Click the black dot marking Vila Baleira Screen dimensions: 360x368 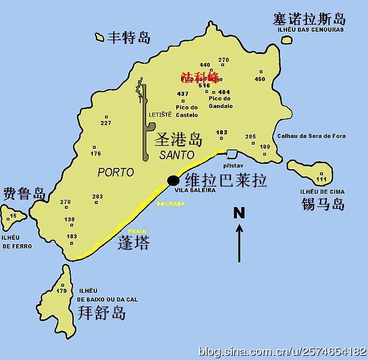click(x=174, y=180)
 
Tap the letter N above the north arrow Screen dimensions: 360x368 click(x=239, y=212)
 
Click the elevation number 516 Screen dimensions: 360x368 click(x=204, y=86)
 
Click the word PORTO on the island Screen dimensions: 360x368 click(x=115, y=172)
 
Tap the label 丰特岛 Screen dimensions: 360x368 click(x=129, y=38)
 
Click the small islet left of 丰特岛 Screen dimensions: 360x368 click(x=99, y=37)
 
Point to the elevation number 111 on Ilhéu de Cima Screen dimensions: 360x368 click(x=322, y=179)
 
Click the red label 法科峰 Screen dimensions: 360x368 click(x=200, y=77)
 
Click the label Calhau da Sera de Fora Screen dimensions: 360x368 click(x=311, y=136)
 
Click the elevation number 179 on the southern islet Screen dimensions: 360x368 click(x=62, y=291)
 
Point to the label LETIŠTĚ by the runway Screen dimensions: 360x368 click(x=160, y=115)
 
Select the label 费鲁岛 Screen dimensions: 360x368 click(x=25, y=194)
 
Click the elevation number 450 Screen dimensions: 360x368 click(x=260, y=79)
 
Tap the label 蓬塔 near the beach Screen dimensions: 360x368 click(x=134, y=242)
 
